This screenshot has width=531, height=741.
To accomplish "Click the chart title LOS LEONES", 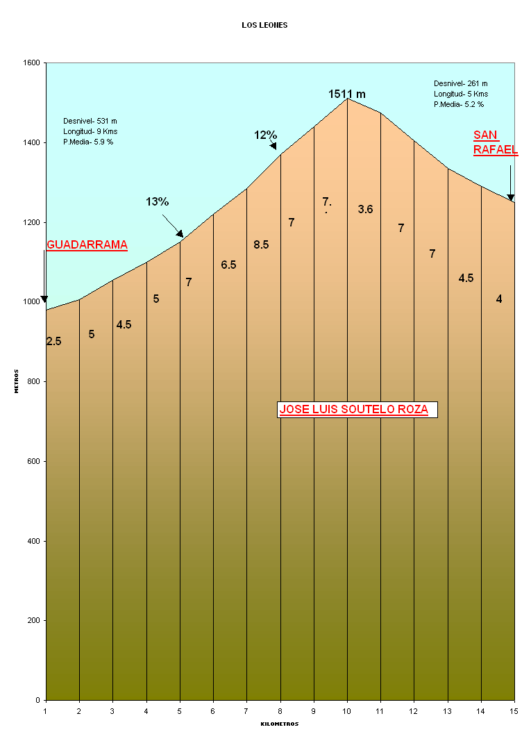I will [x=264, y=25].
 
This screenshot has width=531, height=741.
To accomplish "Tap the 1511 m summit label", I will [x=347, y=94].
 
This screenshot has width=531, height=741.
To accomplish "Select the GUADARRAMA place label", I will [x=87, y=244].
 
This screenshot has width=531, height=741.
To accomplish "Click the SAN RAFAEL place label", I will [x=496, y=142].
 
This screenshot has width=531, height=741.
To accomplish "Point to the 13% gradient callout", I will [x=158, y=201].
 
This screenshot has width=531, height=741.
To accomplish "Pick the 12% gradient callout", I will [x=265, y=135].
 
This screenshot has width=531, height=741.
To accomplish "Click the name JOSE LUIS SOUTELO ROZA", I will [x=353, y=410].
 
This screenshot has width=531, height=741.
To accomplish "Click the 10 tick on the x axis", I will [x=347, y=710].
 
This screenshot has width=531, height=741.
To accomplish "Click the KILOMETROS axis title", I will [x=280, y=724].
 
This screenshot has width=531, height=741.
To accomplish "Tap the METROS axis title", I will [x=17, y=381].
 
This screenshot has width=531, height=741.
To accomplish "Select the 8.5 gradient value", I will [x=261, y=244].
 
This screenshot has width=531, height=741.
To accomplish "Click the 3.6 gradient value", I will [x=365, y=209].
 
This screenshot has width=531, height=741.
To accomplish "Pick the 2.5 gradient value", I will [x=53, y=341].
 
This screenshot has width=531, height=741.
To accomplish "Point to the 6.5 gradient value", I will [x=228, y=265].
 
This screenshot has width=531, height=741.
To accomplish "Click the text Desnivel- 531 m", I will [x=90, y=121].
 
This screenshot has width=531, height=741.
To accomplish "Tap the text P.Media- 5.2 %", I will [x=459, y=104].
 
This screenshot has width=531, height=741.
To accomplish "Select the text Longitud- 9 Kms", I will [x=90, y=131].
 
